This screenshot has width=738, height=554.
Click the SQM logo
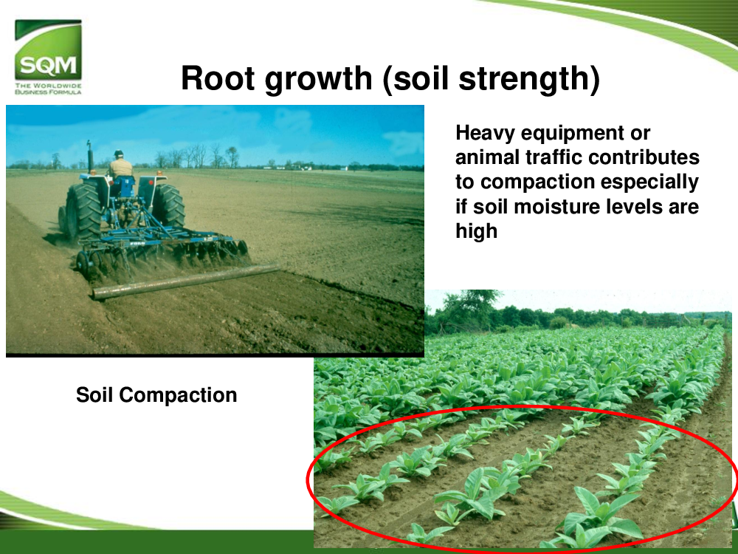click(x=48, y=49)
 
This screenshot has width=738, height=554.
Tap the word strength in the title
click(x=523, y=80)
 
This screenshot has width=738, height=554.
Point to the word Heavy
click(x=485, y=134)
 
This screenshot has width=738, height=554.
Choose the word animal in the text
click(x=487, y=157)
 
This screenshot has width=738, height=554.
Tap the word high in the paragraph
click(x=476, y=232)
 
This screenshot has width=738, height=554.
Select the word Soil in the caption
click(x=94, y=394)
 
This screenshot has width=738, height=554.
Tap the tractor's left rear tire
click(x=83, y=212)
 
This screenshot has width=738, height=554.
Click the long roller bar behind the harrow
click(x=186, y=281)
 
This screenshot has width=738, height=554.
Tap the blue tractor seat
click(x=123, y=185)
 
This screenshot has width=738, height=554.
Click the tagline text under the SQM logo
click(x=48, y=89)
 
